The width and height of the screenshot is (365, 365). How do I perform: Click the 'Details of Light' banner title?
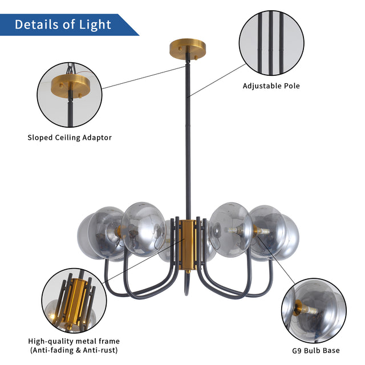point(63,25)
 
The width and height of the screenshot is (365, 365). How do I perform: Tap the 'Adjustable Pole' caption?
point(271,86)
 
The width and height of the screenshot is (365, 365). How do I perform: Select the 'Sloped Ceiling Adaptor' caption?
point(70,137)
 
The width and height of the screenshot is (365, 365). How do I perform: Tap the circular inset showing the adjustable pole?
point(271,42)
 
